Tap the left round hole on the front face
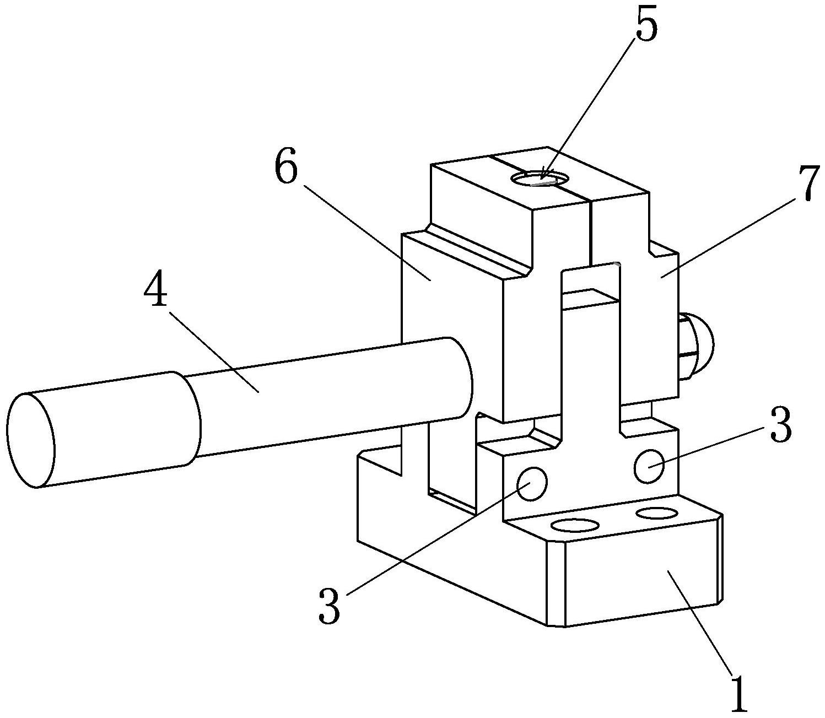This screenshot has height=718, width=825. (532, 483)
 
